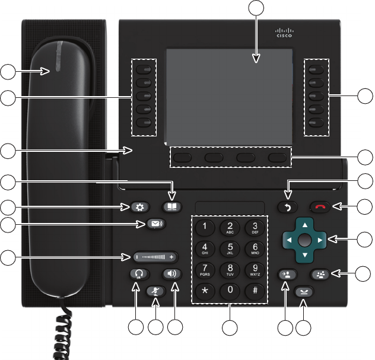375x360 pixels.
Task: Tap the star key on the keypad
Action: (x=205, y=291)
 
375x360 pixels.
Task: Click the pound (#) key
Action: (x=255, y=291)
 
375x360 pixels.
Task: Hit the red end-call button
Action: (x=320, y=207)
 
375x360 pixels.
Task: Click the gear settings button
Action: (x=140, y=207)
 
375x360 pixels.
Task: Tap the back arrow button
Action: (x=287, y=207)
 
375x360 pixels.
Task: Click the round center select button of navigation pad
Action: (x=304, y=240)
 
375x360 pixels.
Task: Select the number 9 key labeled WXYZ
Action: (x=255, y=270)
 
